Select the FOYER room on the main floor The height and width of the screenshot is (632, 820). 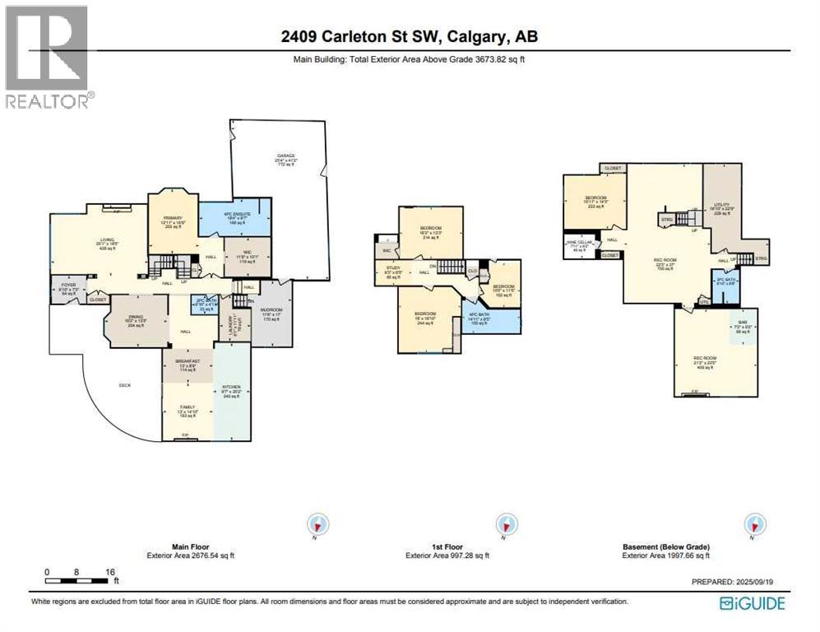[x=65, y=288]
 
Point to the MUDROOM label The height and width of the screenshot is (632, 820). [x=271, y=311]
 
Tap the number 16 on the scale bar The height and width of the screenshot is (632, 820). [x=110, y=571]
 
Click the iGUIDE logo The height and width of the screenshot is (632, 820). [x=752, y=604]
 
